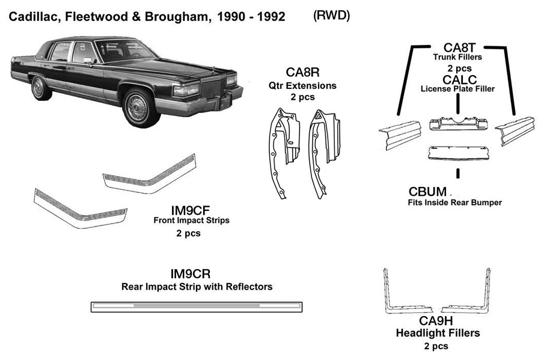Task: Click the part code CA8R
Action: tap(299, 73)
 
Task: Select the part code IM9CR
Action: tap(190, 274)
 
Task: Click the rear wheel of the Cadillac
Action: tap(40, 88)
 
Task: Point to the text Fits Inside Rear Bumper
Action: tap(454, 203)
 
